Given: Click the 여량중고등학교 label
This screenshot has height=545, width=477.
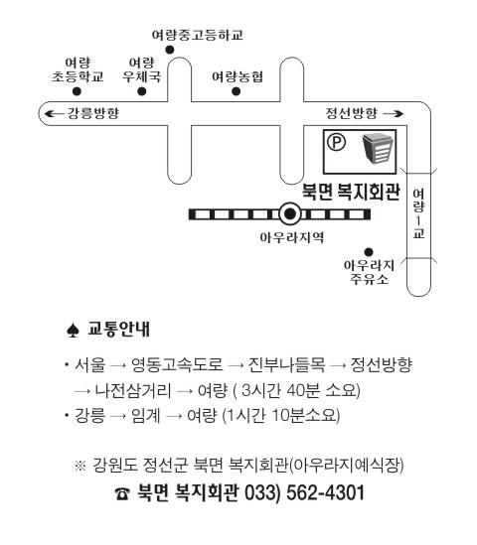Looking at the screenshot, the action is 198,35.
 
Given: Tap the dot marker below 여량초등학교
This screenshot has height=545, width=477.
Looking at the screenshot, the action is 77,91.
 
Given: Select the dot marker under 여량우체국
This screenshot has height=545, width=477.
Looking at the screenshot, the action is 141,91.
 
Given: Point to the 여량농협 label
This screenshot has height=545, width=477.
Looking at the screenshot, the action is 238,76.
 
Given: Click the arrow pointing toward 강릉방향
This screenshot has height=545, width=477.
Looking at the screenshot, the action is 55,113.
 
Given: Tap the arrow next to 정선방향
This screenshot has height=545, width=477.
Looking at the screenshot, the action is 393,113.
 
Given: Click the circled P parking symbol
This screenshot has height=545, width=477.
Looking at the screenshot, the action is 337,142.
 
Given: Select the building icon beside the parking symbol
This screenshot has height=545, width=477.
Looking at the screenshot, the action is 378,149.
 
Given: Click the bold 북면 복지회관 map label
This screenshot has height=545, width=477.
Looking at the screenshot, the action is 351,192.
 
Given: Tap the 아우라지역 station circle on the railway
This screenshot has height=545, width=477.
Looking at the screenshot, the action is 289,214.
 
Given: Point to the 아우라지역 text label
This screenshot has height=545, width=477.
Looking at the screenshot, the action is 291,237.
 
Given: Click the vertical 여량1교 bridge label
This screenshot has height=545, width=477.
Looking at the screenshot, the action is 419,213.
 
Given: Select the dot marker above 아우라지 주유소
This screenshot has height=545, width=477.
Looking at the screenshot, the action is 369,252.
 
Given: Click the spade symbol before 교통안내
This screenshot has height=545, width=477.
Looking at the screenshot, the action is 73,330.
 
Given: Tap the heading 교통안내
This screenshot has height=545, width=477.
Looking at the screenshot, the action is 118,329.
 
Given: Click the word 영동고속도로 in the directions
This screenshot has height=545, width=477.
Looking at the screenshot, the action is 177,364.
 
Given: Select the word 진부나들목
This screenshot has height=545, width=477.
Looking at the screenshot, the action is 286,364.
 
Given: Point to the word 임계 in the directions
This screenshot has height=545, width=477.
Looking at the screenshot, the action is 145,415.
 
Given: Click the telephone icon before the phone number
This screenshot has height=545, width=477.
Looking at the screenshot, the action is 122,493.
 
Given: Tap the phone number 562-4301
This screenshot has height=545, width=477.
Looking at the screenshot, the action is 325,492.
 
